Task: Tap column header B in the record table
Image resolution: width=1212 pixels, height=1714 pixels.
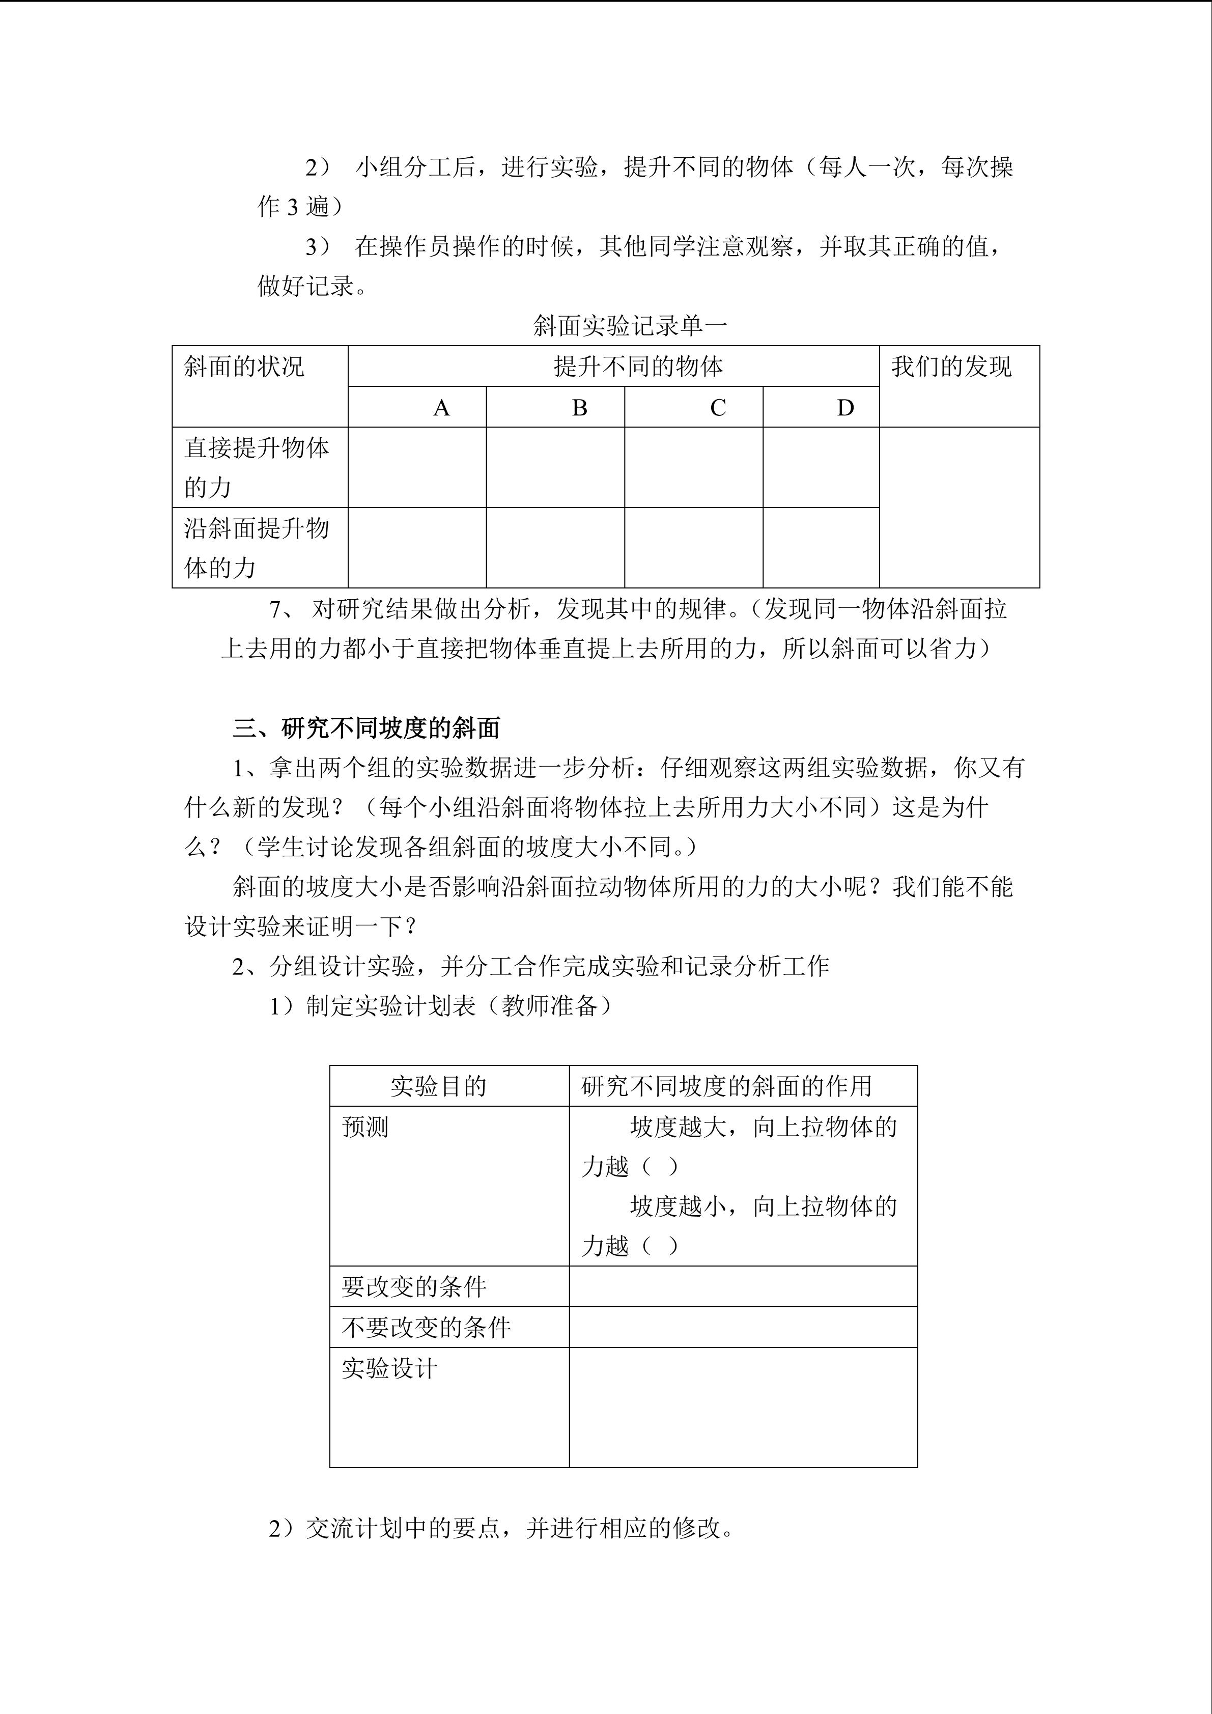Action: (579, 408)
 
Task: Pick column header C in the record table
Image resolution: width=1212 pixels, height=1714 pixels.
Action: (718, 408)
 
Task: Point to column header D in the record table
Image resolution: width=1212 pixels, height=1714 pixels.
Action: (845, 408)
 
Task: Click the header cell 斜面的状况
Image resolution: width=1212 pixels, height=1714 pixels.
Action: (244, 367)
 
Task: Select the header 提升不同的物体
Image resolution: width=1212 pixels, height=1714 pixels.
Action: (638, 367)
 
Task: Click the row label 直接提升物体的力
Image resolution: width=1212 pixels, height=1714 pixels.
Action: (256, 467)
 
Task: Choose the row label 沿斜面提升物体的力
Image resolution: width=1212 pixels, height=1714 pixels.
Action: (256, 548)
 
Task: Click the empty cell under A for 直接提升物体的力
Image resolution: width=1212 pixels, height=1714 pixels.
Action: (417, 467)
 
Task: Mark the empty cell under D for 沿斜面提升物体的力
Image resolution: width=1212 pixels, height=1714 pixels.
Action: (821, 548)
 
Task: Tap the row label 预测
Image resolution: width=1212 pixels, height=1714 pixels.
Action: (365, 1127)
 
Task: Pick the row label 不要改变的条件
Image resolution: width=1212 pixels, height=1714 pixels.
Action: (426, 1327)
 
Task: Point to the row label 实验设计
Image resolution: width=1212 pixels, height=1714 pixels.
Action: (389, 1368)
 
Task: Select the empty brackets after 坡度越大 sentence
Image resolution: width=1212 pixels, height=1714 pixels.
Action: (660, 1167)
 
